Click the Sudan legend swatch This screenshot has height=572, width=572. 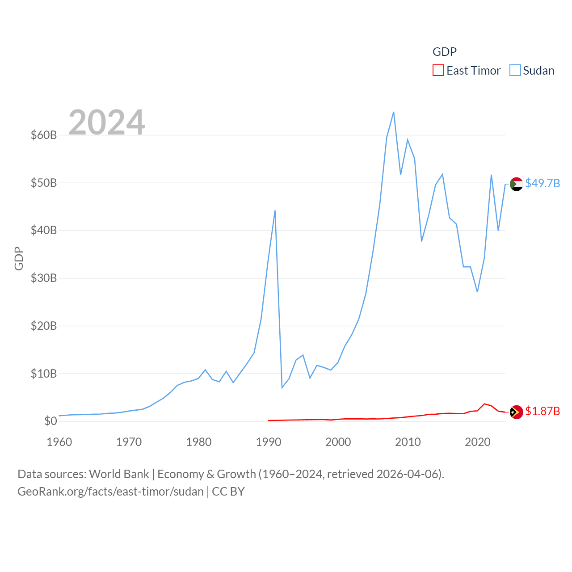point(515,71)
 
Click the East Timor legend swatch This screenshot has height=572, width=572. point(438,71)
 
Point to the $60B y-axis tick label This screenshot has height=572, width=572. point(43,135)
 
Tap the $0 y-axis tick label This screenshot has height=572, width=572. point(50,421)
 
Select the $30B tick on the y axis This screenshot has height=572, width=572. point(43,278)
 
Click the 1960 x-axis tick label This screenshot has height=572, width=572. point(59,442)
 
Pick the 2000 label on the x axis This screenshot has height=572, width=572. point(338,442)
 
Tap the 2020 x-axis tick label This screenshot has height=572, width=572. point(478,442)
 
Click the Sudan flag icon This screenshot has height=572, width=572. point(516,184)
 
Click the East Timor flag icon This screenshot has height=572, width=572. point(516,412)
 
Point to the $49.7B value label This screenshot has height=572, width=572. point(543,183)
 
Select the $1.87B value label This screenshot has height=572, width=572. point(543,411)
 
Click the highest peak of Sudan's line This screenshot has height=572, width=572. point(394,112)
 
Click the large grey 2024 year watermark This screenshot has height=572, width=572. point(107,122)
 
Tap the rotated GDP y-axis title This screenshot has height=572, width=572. point(19,258)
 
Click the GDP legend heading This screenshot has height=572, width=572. point(445,52)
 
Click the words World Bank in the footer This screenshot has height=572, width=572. point(119,474)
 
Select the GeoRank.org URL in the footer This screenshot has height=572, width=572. point(110,492)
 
